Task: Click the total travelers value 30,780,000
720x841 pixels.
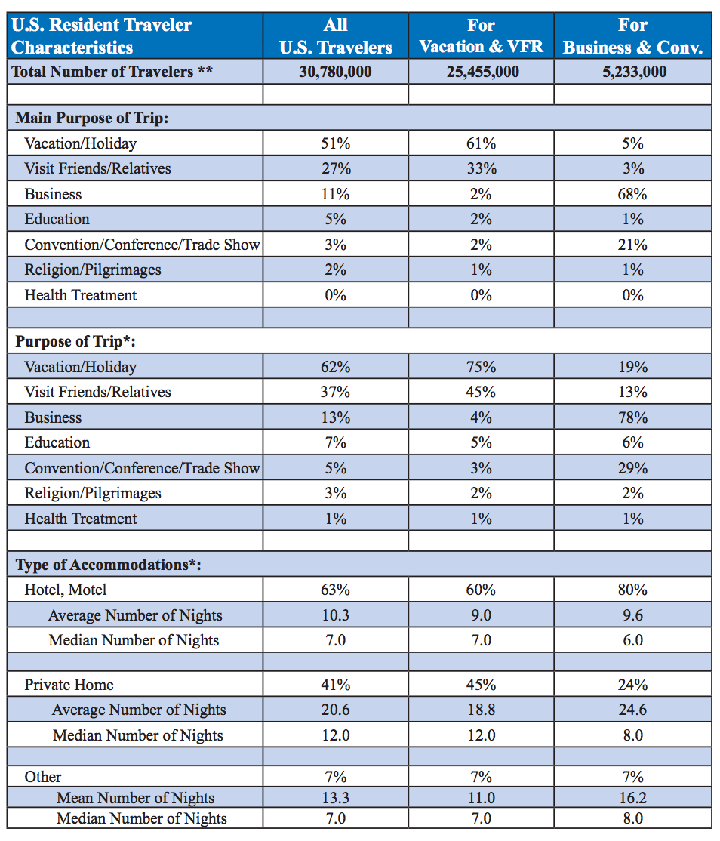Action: tap(335, 72)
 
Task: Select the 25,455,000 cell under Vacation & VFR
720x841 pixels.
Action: tap(482, 72)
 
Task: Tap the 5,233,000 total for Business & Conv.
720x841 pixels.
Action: tap(634, 72)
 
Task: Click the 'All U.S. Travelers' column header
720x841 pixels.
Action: tap(336, 36)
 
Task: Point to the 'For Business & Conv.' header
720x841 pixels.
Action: tap(632, 36)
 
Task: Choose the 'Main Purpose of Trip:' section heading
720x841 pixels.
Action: tap(91, 118)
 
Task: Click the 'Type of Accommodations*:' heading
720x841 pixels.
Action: tap(108, 565)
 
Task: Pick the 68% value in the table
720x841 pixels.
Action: tap(632, 194)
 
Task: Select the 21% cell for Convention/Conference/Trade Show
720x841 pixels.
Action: tap(632, 245)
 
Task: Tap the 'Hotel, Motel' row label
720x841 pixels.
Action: tap(66, 590)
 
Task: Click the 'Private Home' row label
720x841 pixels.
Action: tap(69, 685)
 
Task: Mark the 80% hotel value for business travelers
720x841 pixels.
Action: tap(632, 590)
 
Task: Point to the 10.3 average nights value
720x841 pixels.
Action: tap(336, 615)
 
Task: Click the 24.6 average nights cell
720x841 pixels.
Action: tap(632, 710)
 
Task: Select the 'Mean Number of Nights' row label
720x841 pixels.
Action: tap(136, 798)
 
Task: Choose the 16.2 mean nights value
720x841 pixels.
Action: tap(632, 798)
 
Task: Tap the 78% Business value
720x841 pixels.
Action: tap(632, 417)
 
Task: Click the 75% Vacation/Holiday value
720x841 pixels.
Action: tap(481, 367)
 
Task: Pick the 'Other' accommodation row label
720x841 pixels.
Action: tap(43, 777)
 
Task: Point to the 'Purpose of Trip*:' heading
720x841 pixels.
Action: tap(75, 342)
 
